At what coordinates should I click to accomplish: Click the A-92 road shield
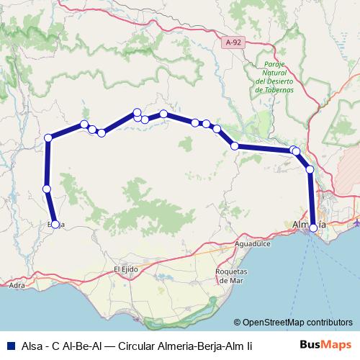pos(231,43)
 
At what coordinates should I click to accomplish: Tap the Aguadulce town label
pos(253,245)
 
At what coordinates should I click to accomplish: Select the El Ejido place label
pos(125,269)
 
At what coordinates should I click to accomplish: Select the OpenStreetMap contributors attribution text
pos(293,323)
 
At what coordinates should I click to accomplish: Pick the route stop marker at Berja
pos(53,224)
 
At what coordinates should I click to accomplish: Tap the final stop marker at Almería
pos(313,228)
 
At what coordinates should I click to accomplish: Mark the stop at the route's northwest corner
pos(48,138)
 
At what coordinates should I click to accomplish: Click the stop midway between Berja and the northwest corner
pos(47,189)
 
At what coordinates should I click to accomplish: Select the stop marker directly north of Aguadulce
pos(234,146)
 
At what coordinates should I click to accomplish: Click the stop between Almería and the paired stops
pos(310,169)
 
